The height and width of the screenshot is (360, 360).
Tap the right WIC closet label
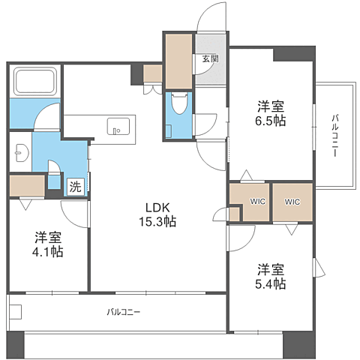point(292,201)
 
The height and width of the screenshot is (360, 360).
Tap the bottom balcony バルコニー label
point(123,311)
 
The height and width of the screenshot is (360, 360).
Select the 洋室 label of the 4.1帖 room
point(48,236)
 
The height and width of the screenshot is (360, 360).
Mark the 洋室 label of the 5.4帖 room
point(271,268)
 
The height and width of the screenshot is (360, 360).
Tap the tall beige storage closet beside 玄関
point(179,60)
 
